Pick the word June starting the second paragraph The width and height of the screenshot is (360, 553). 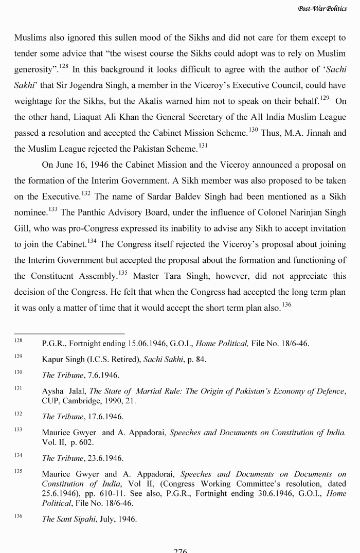point(64,165)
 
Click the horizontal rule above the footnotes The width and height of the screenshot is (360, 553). point(69,333)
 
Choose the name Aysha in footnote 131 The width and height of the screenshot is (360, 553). point(53,391)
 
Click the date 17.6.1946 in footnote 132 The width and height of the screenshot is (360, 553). point(104,417)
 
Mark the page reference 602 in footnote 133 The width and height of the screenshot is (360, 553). point(92,442)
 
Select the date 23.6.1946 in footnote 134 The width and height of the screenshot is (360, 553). point(104,458)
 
